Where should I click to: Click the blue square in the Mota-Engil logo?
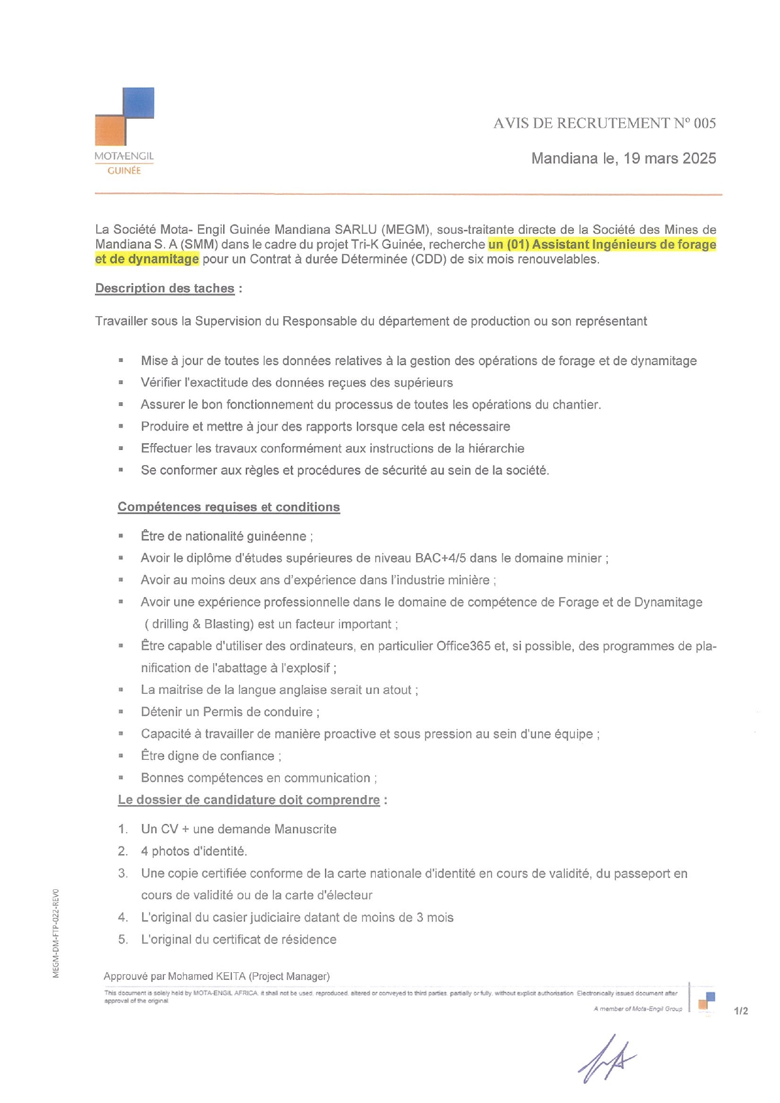pyautogui.click(x=138, y=103)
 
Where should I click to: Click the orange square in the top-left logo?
pyautogui.click(x=110, y=130)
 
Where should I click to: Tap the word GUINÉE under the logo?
pyautogui.click(x=124, y=171)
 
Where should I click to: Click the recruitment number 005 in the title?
pyautogui.click(x=705, y=123)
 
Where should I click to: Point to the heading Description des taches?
pyautogui.click(x=165, y=288)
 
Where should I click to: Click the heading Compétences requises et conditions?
pyautogui.click(x=229, y=507)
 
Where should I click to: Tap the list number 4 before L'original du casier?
pyautogui.click(x=123, y=918)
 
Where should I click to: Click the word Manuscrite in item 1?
pyautogui.click(x=305, y=830)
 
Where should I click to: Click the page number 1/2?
pyautogui.click(x=741, y=1011)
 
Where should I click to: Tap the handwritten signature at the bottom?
pyautogui.click(x=606, y=1060)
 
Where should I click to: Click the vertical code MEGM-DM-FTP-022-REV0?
pyautogui.click(x=56, y=933)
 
